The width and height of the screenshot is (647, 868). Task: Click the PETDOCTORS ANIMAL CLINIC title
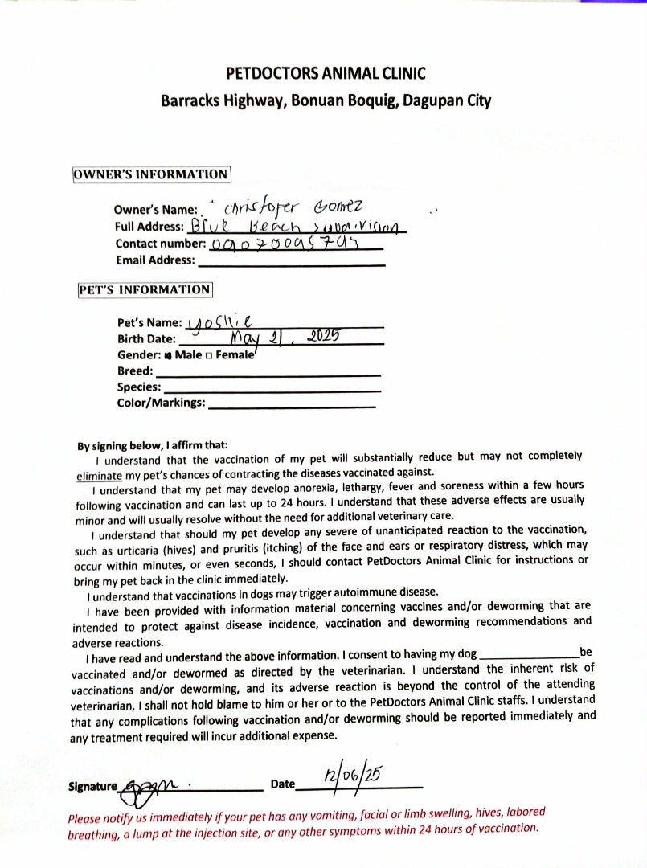coord(326,74)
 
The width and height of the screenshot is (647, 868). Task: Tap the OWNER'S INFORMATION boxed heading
coord(152,174)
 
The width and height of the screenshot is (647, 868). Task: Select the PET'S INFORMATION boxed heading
coord(145,289)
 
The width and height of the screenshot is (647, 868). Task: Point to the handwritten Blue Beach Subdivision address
coord(297,226)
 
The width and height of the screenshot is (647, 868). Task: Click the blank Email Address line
coord(291,262)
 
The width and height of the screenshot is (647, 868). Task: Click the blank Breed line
coord(268,373)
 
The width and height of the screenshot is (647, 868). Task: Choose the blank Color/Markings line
coord(291,404)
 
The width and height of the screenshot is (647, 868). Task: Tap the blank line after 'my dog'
coord(528,654)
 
